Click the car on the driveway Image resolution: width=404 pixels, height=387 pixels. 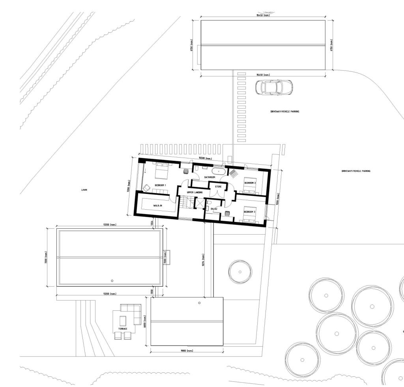click(274, 87)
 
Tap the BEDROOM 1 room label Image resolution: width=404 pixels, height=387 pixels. click(160, 185)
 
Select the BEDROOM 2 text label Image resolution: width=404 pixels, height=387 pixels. click(250, 183)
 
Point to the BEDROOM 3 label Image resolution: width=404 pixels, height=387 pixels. click(249, 212)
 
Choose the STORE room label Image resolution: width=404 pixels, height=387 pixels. click(218, 186)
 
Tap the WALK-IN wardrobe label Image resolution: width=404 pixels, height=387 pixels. click(158, 206)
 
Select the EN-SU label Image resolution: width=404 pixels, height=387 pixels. click(214, 208)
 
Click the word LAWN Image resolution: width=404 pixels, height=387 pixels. click(84, 190)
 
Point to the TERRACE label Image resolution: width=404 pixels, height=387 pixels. click(123, 329)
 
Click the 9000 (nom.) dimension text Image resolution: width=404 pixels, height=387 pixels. click(187, 351)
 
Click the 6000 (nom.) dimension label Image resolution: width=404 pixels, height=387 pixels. click(145, 321)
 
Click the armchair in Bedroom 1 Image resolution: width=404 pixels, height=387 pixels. click(146, 188)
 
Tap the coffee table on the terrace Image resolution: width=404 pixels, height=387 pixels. click(123, 320)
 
